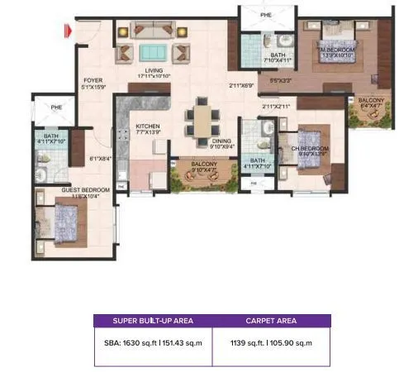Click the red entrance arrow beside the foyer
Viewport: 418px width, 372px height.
tap(69, 32)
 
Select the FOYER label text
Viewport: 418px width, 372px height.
tap(92, 80)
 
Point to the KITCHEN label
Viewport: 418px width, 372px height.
tap(147, 126)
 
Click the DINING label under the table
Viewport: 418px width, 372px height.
tap(222, 141)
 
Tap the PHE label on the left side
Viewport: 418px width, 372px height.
tap(56, 107)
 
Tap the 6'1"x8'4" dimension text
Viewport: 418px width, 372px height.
tap(100, 159)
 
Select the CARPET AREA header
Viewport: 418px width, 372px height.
tap(271, 321)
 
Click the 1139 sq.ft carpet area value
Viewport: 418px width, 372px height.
tap(271, 342)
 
